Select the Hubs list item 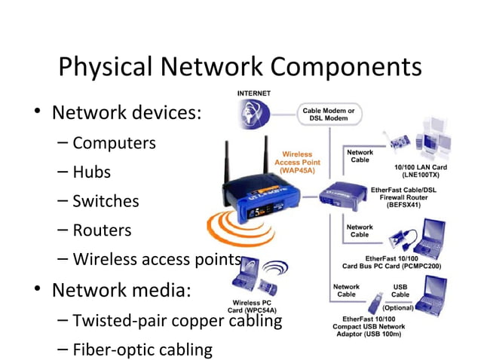[91, 172]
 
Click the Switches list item [106, 201]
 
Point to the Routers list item [102, 230]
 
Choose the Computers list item [115, 142]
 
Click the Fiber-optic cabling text [142, 349]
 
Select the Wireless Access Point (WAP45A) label [297, 162]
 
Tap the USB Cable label [400, 290]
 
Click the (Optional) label [399, 308]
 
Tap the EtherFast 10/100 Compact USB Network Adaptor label [367, 328]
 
